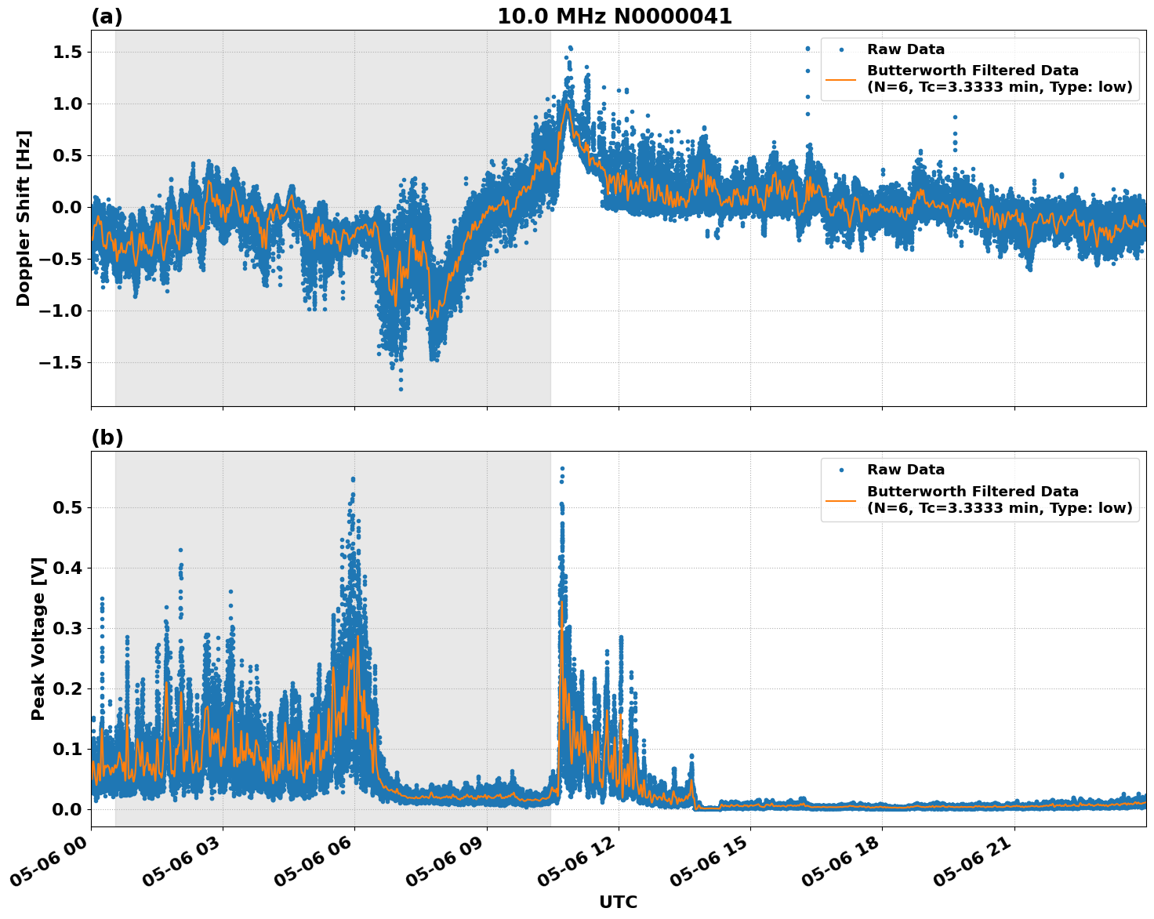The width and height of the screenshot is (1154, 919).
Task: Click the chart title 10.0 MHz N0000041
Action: point(614,16)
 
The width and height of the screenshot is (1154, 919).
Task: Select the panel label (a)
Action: point(107,16)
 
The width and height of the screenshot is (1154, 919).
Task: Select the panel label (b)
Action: point(107,438)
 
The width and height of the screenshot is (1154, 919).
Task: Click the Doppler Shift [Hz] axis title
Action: point(24,218)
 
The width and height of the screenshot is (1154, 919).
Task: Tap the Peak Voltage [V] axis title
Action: point(38,638)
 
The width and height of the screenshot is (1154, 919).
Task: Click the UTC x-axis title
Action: point(618,902)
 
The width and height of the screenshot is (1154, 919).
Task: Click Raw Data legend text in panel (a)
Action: point(905,49)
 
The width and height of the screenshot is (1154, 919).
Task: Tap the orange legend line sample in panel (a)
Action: point(840,79)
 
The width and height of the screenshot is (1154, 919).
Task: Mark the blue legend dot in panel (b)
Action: point(840,470)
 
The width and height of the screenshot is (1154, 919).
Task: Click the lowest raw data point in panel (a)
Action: point(401,389)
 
